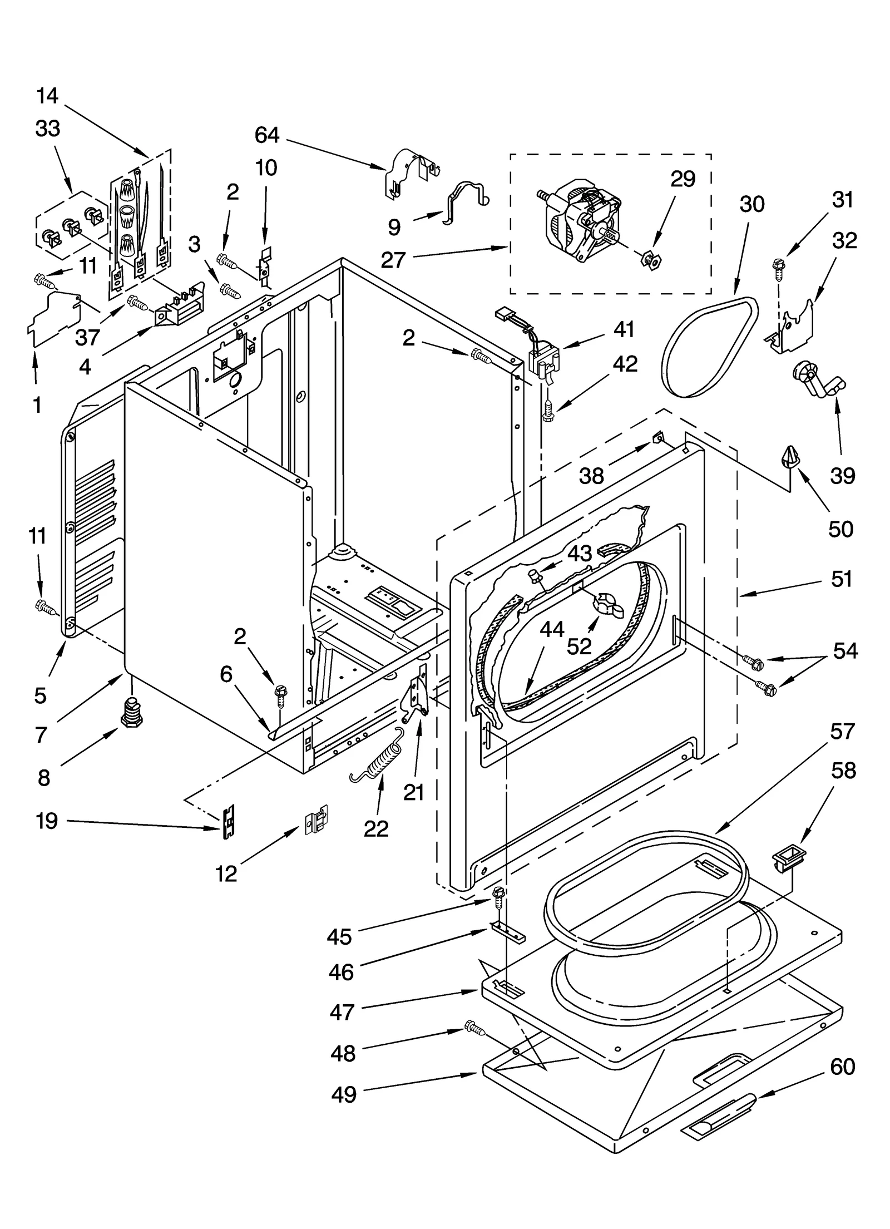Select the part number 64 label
(267, 135)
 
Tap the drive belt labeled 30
(709, 346)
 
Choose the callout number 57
(842, 731)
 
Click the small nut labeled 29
(649, 258)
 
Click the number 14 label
(48, 96)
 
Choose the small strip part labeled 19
(228, 822)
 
